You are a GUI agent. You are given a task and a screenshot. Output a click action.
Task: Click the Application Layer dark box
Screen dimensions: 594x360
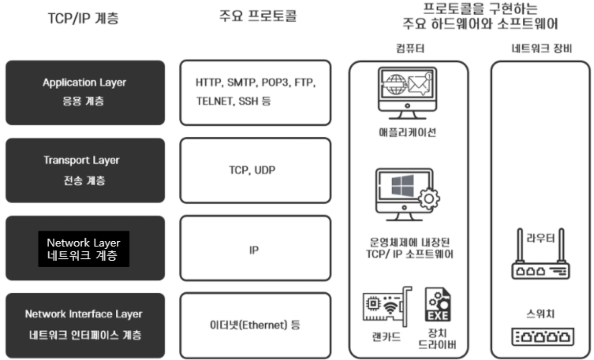pyautogui.click(x=85, y=92)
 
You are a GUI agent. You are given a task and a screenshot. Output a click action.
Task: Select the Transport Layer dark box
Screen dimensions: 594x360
pyautogui.click(x=85, y=170)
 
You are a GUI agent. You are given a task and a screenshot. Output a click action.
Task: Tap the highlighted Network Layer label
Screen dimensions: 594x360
pyautogui.click(x=84, y=249)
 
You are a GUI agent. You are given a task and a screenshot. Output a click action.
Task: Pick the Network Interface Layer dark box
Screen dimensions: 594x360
pyautogui.click(x=85, y=325)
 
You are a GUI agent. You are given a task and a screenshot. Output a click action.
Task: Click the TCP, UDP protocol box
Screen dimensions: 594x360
pyautogui.click(x=255, y=170)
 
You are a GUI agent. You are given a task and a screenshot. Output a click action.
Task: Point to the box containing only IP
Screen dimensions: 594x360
pyautogui.click(x=255, y=249)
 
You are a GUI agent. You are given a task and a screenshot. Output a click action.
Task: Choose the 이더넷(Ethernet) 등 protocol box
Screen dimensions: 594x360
pyautogui.click(x=255, y=325)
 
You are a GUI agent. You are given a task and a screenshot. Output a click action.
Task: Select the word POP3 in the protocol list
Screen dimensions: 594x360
pyautogui.click(x=275, y=82)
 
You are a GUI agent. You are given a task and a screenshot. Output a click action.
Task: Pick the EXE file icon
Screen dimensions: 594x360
pyautogui.click(x=438, y=305)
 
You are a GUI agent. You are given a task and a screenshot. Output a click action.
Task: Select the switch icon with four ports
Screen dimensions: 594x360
pyautogui.click(x=540, y=336)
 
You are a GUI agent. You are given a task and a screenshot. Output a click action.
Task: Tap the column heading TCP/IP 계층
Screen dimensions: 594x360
pyautogui.click(x=83, y=19)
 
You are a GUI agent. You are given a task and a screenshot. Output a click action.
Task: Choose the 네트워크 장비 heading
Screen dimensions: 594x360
pyautogui.click(x=540, y=48)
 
